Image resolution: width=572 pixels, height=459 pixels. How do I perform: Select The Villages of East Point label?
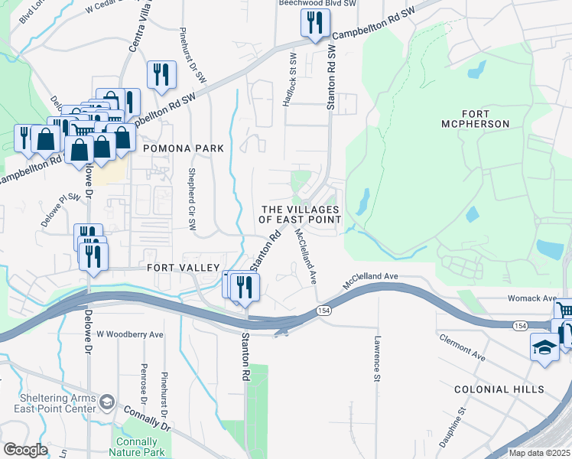tap(301, 214)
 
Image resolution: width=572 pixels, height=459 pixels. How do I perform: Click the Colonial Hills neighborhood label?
tap(499, 389)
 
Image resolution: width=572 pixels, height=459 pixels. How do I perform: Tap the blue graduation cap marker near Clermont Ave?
tap(544, 347)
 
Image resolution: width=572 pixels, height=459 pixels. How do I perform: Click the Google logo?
tap(25, 449)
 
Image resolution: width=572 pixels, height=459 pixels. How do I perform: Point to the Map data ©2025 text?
tap(539, 453)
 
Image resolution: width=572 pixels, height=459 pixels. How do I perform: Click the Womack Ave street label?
tap(529, 298)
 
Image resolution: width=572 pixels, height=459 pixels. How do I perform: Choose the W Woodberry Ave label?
tap(130, 334)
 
